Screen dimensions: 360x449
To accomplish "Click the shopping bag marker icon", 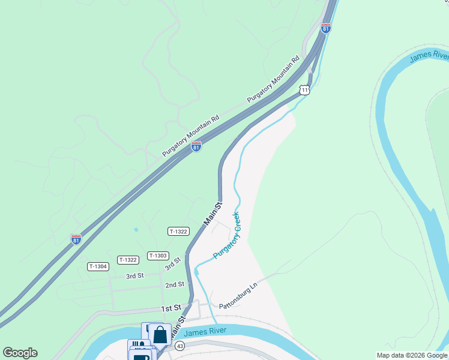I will coord(160,334).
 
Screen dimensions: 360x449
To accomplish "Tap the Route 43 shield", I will coord(179,346).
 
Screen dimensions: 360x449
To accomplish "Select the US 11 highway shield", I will coord(305,91).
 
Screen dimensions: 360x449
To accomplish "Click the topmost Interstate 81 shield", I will coord(326,28).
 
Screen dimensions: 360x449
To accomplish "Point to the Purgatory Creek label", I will coord(226,236).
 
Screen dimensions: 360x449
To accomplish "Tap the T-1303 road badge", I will coord(157,256).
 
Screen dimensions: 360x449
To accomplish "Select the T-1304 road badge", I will coord(98,266).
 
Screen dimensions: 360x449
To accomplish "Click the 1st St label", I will coord(171,308).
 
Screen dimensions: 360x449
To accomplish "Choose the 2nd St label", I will coord(175,284).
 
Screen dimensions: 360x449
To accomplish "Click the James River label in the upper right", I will coord(429,57).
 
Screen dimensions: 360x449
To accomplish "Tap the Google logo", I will coord(20,353).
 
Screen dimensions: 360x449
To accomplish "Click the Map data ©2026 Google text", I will coord(412,355).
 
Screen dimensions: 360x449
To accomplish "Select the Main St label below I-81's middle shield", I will coord(212,214).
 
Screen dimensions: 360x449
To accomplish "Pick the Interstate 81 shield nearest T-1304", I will coord(76,239).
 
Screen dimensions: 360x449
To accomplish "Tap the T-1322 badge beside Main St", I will coord(179,231).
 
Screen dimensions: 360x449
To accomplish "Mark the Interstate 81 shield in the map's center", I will coord(196,146).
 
